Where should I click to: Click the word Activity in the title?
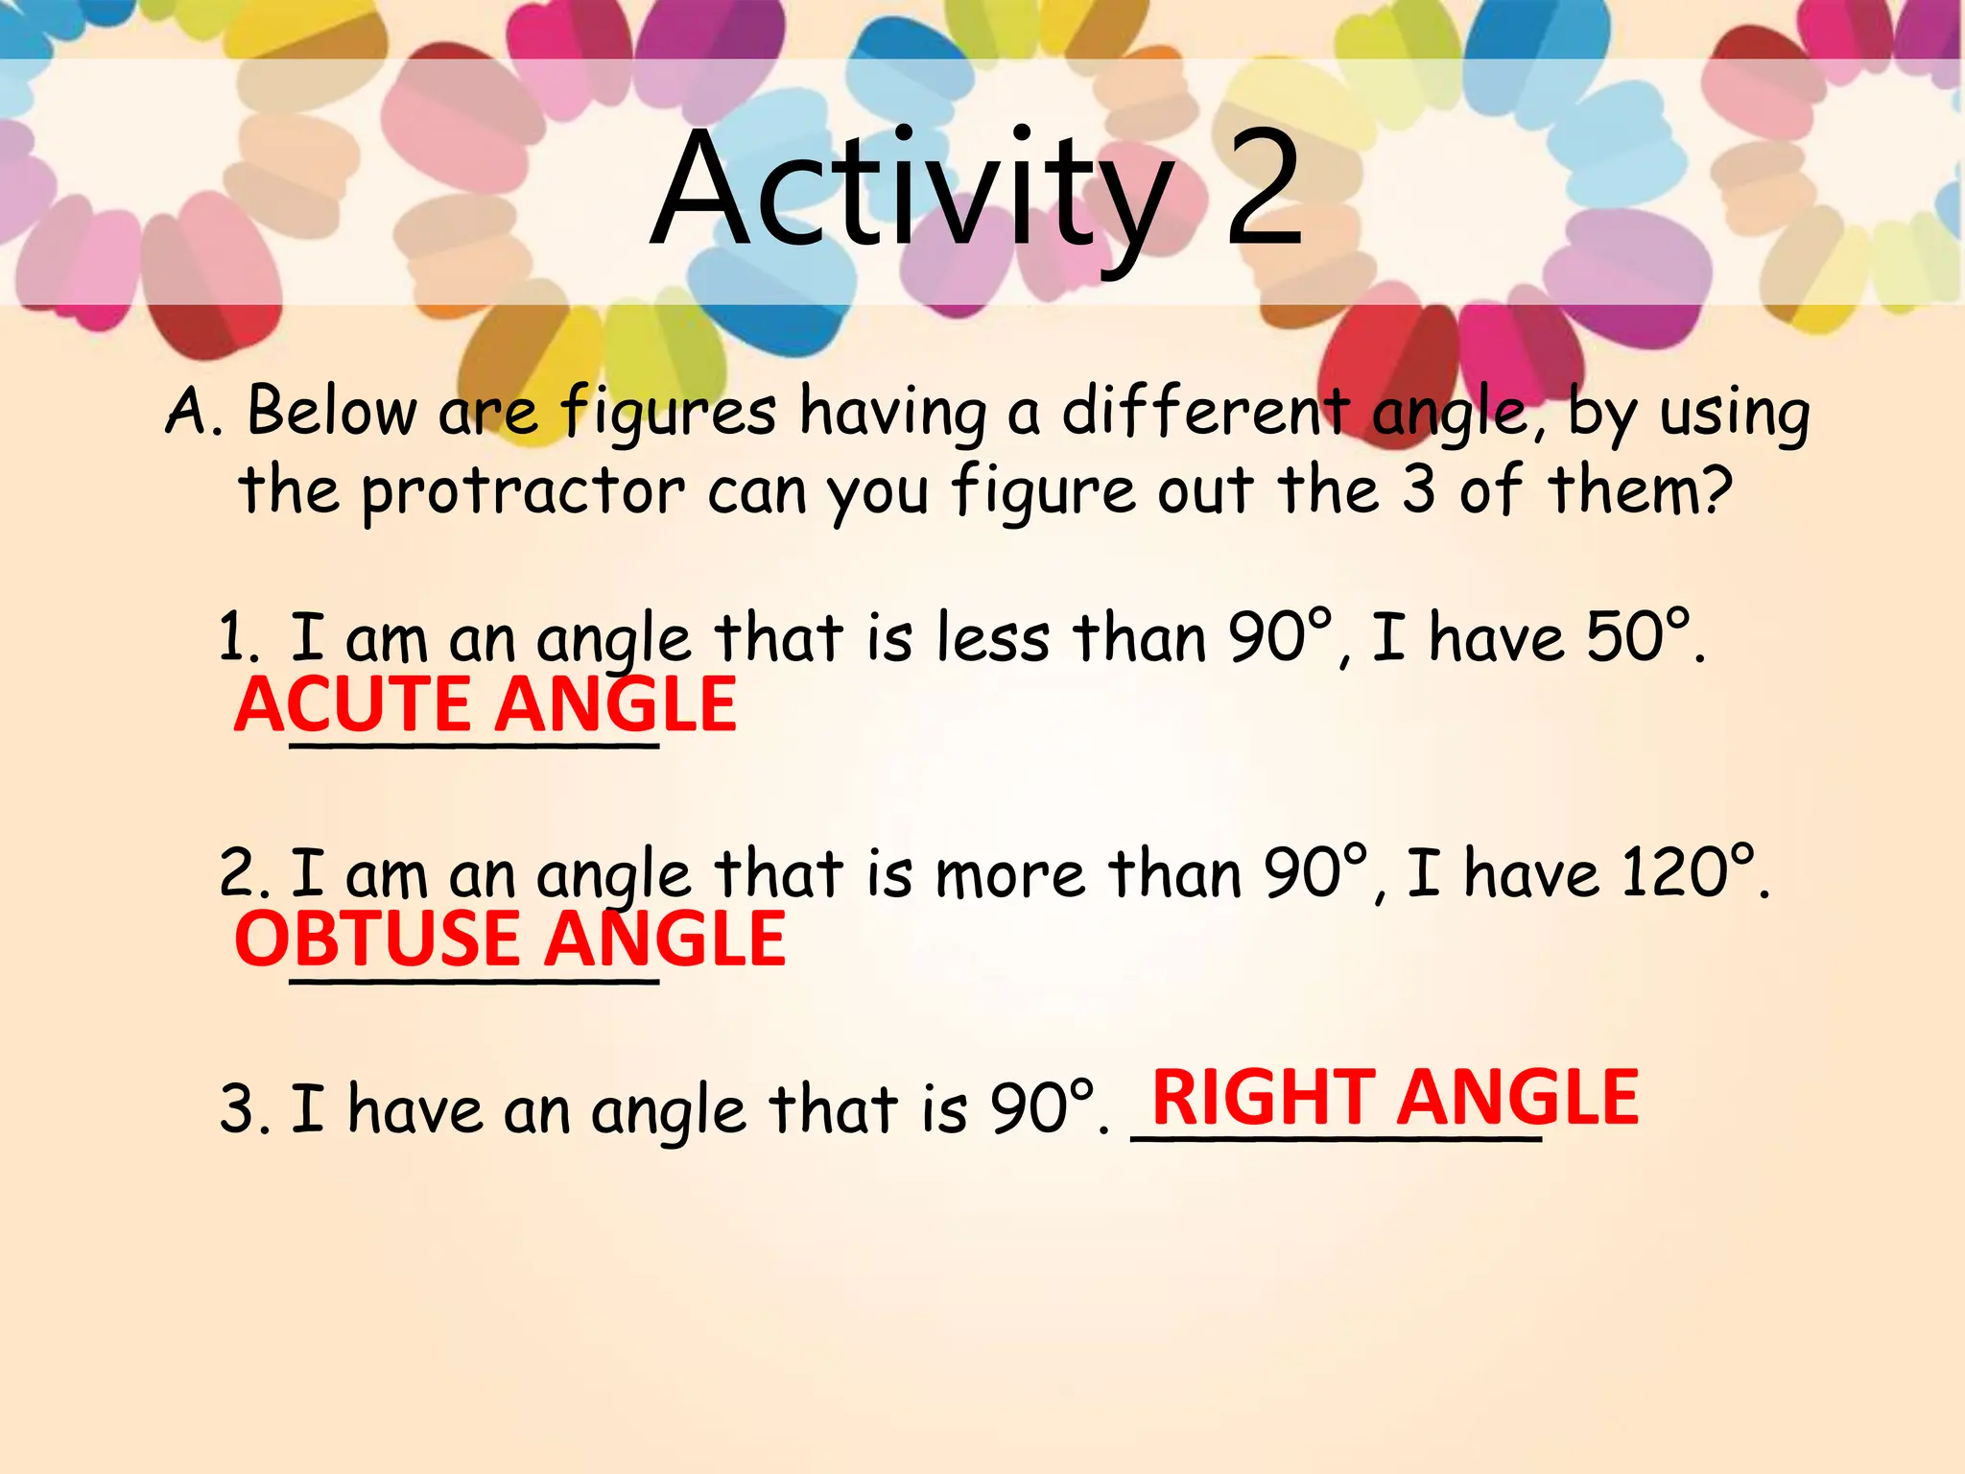911,192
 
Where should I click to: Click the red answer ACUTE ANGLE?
485,704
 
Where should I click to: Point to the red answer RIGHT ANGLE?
1395,1098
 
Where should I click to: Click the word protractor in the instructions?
523,491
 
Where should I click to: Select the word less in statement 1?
993,637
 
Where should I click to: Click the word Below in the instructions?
332,412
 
